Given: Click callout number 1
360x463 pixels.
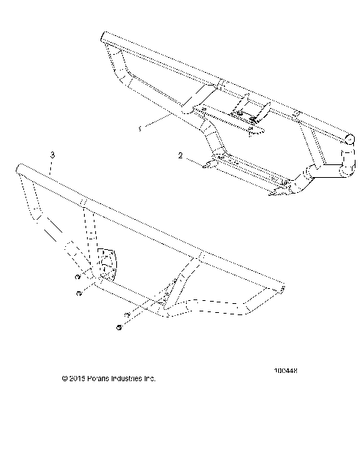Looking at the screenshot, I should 140,128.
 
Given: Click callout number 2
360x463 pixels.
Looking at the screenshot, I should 181,155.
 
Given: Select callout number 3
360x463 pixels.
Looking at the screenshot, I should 52,155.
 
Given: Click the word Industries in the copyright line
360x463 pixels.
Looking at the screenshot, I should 127,380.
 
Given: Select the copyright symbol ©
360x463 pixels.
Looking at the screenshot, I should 66,380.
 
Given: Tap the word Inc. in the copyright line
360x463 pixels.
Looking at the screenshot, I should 150,380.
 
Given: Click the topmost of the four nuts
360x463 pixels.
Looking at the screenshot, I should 78,276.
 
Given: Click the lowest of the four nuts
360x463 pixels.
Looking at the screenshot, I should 119,328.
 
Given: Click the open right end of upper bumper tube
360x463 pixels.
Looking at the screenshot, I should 349,139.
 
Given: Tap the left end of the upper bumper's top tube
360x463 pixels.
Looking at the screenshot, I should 105,37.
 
